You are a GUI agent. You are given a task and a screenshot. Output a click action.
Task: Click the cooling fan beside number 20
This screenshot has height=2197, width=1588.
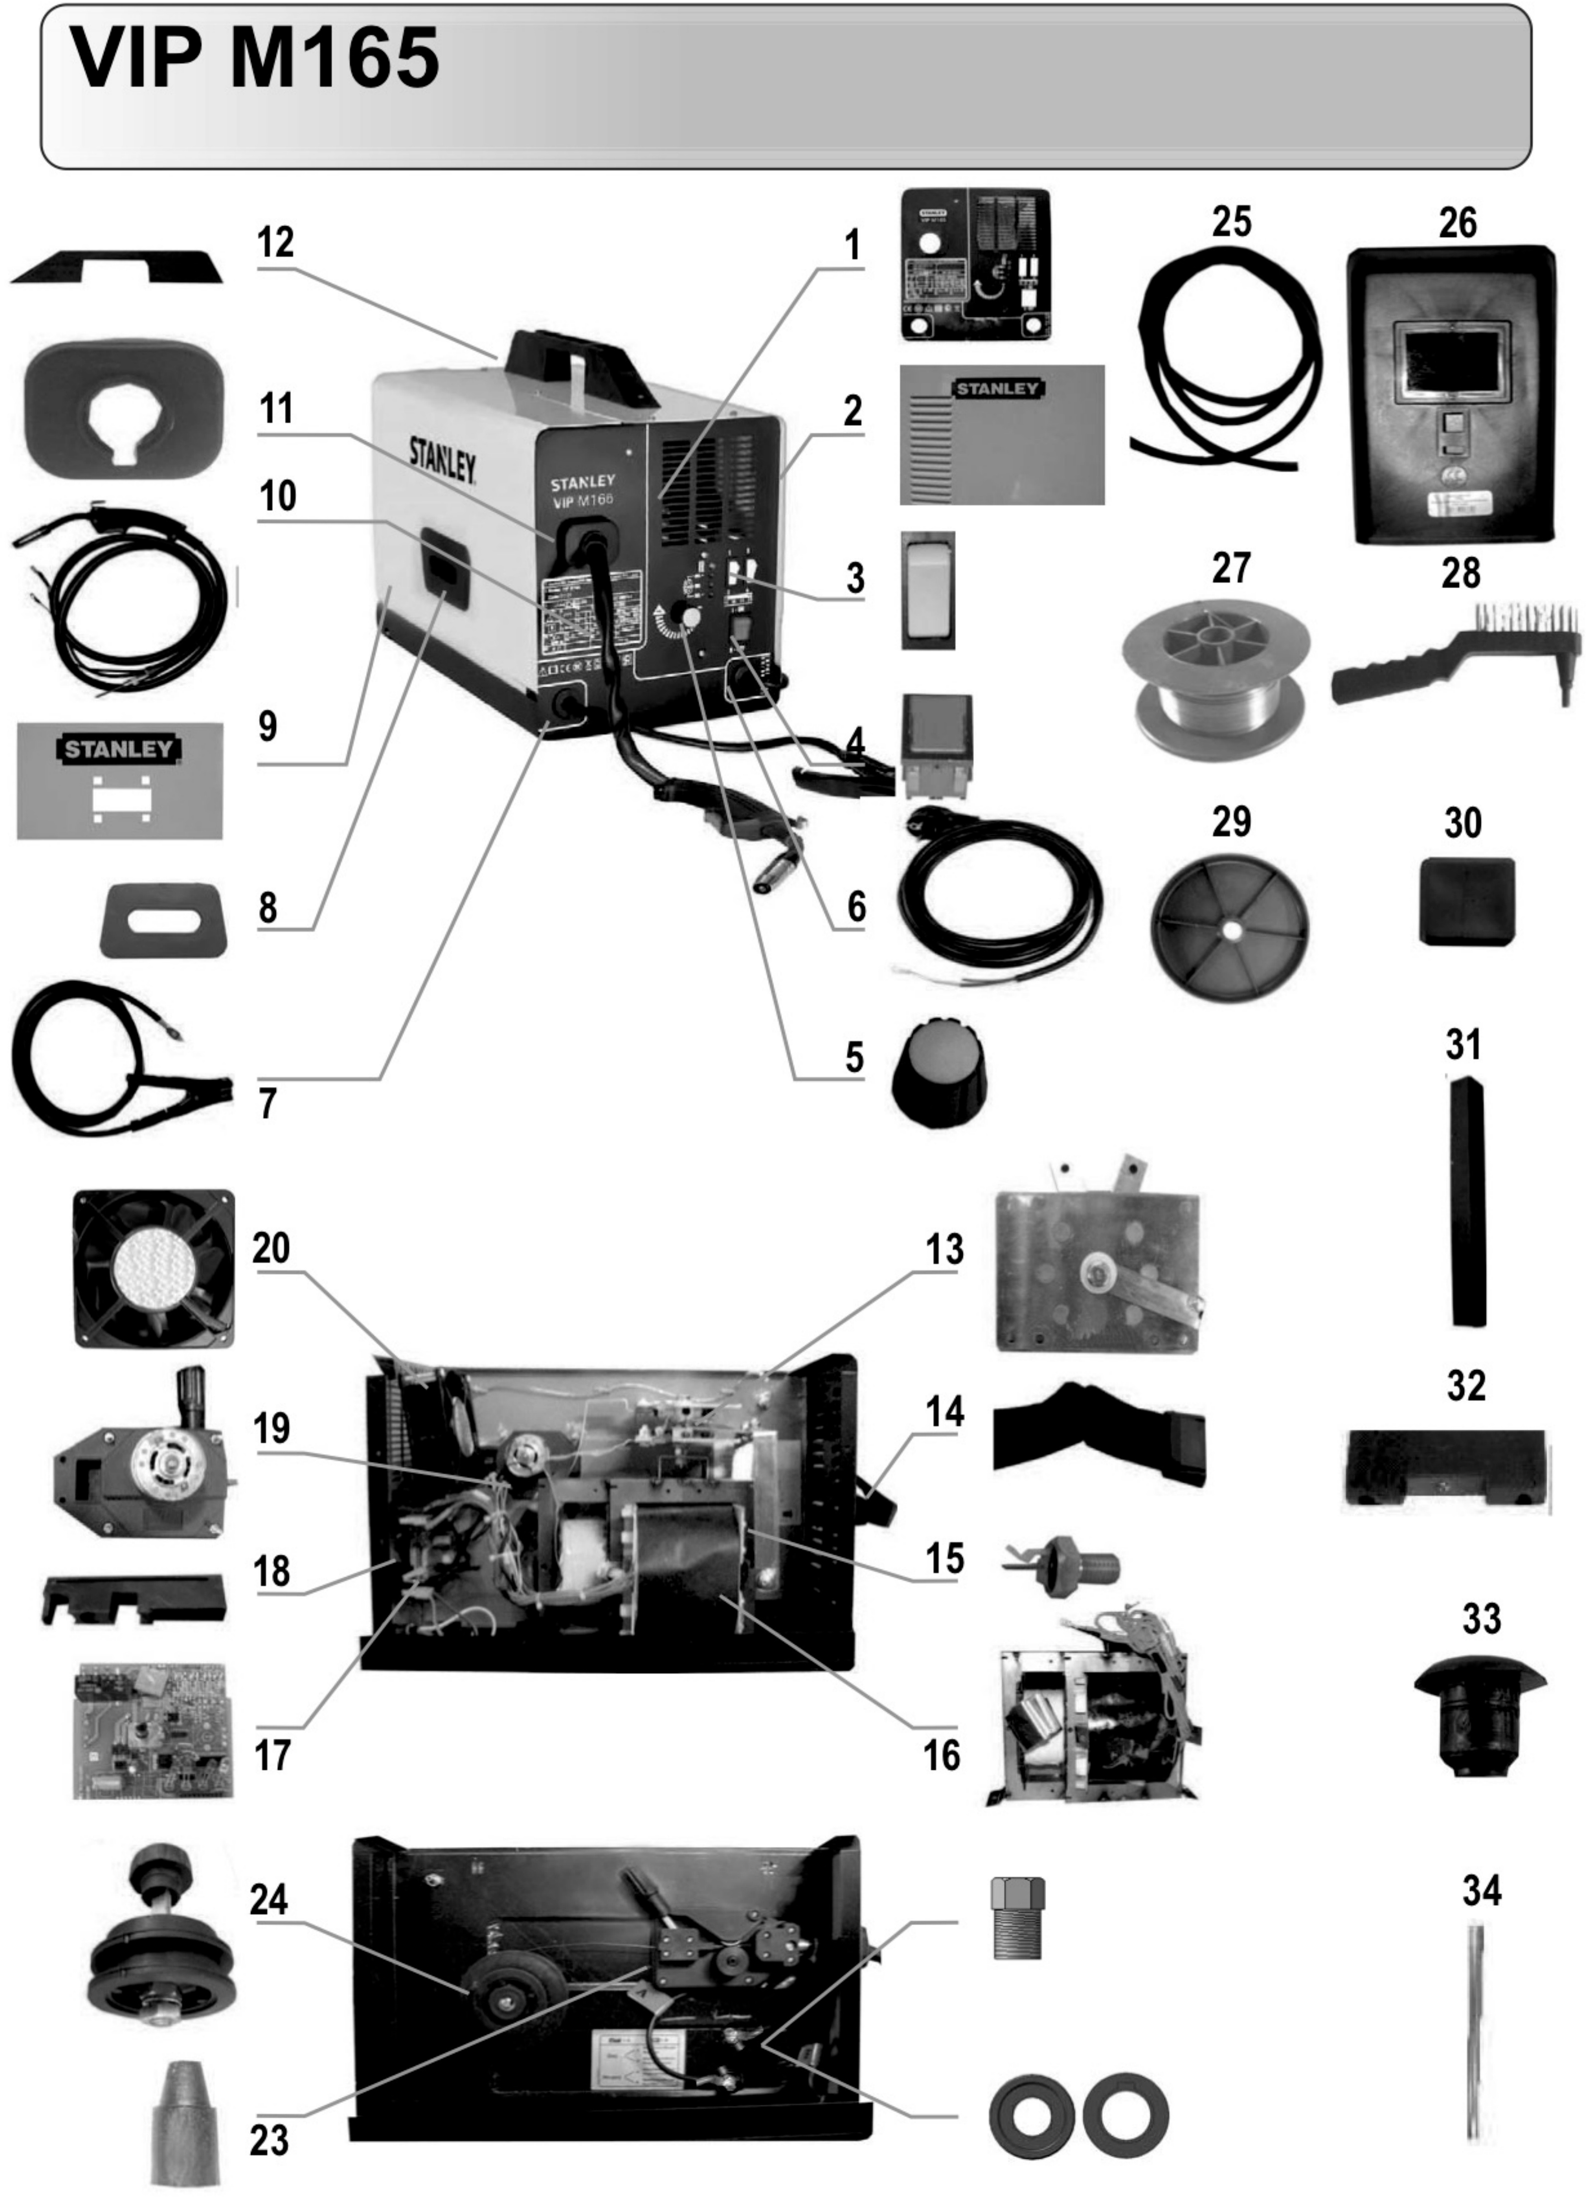point(154,1268)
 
